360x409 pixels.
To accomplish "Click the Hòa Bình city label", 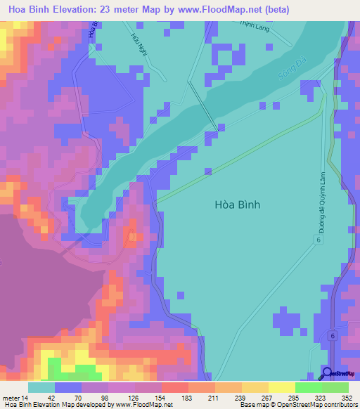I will pos(237,204).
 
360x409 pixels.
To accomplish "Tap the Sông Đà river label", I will pos(288,68).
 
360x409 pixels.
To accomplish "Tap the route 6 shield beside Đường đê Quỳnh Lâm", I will pos(318,240).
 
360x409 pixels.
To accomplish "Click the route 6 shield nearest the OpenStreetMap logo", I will pos(330,337).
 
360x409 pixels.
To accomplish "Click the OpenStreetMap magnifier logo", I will pos(327,373).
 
